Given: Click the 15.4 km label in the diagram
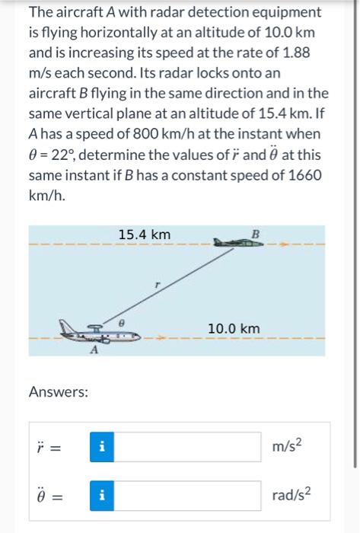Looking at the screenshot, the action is click(145, 234).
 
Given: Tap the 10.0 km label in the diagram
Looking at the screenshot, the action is click(234, 328).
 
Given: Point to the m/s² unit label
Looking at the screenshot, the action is click(296, 444).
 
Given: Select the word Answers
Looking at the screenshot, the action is click(58, 392).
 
